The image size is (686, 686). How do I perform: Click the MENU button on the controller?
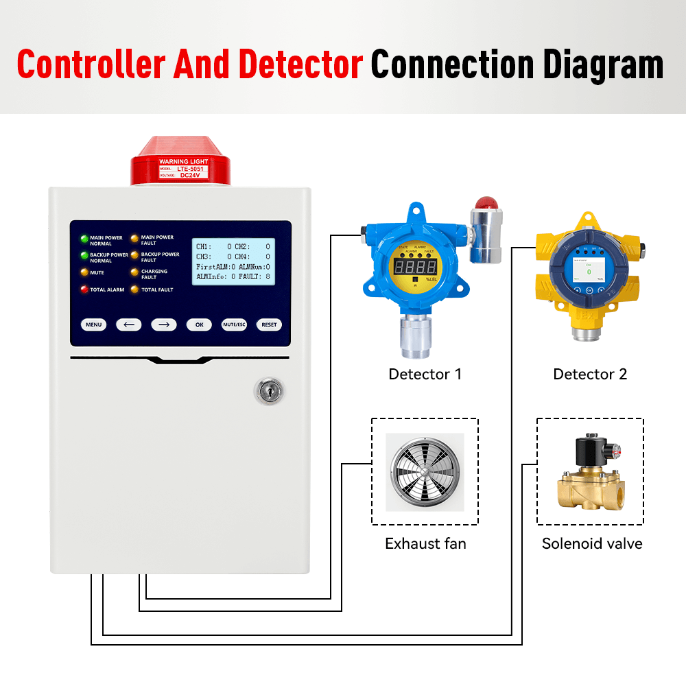point(94,324)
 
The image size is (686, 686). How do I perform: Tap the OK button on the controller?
point(199,324)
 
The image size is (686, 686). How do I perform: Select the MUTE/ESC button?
point(234,324)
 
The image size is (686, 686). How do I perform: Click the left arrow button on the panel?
point(129,324)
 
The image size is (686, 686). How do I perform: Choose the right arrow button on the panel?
point(164,324)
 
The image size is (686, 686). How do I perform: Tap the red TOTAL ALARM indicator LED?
point(85,289)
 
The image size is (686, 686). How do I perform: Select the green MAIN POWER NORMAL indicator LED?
point(85,239)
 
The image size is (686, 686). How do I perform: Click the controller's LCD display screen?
point(233,261)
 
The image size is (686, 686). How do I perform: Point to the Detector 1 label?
point(425,374)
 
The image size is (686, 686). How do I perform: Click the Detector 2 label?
point(590,374)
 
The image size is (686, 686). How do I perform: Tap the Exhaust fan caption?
point(425,543)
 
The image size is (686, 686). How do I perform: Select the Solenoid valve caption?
point(592,543)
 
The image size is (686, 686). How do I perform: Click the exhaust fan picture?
point(425,471)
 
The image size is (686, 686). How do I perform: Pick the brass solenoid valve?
point(590,473)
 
